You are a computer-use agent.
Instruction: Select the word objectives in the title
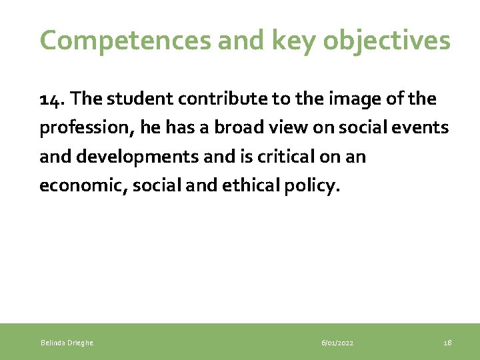click(387, 41)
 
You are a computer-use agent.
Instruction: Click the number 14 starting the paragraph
click(51, 99)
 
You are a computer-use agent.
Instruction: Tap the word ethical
click(254, 185)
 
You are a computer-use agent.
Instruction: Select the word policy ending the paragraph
click(315, 185)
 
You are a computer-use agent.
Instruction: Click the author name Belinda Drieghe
click(67, 343)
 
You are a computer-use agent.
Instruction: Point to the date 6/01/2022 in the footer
click(337, 343)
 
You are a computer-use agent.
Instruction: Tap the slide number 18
click(447, 343)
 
